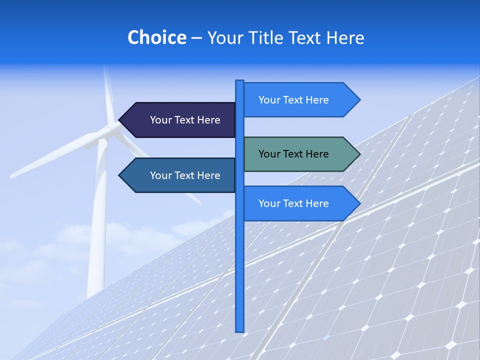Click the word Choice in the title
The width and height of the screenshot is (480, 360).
point(156,37)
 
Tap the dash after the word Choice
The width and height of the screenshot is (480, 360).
point(196,38)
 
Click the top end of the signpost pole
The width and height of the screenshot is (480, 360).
point(240,82)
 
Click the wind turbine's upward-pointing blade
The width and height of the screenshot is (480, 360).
point(107,95)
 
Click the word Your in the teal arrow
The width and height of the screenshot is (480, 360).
point(269,154)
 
